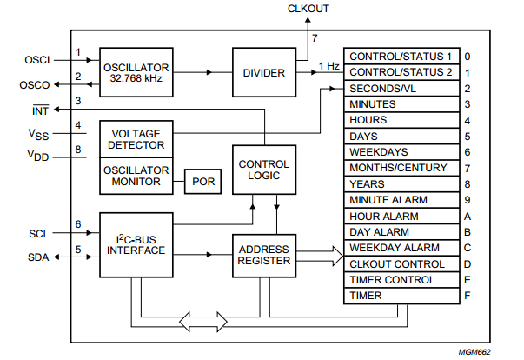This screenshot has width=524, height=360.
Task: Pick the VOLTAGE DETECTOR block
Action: pyautogui.click(x=136, y=138)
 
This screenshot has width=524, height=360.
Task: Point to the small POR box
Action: pyautogui.click(x=202, y=182)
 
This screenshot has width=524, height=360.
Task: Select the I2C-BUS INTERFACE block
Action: pyautogui.click(x=136, y=244)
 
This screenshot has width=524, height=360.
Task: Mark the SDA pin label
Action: pyautogui.click(x=37, y=257)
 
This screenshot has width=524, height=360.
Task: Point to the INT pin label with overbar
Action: pyautogui.click(x=40, y=110)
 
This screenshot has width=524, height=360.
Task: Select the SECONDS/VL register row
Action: pyautogui.click(x=401, y=88)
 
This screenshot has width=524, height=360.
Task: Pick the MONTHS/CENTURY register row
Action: pyautogui.click(x=401, y=167)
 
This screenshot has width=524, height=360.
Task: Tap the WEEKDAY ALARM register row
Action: pyautogui.click(x=401, y=247)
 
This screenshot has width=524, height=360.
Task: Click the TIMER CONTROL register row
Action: pyautogui.click(x=401, y=279)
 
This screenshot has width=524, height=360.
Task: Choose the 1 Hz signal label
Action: pyautogui.click(x=328, y=65)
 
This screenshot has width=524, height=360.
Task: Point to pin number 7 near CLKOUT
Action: pyautogui.click(x=315, y=38)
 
